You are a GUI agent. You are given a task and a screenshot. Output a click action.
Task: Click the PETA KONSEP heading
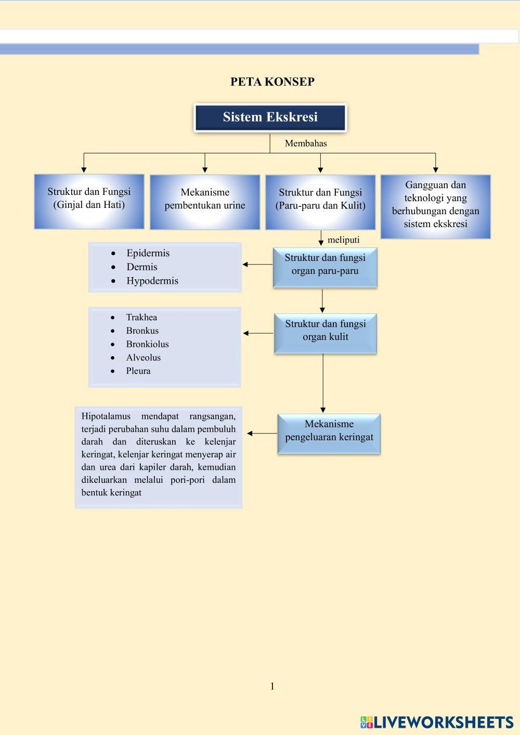272,82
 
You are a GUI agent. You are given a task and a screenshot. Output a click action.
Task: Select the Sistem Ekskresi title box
270,117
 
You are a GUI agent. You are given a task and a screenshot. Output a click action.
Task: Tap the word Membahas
306,143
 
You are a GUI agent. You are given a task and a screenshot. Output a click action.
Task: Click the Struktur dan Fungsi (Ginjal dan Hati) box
89,201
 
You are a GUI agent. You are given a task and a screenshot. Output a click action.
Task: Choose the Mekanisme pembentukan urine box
205,202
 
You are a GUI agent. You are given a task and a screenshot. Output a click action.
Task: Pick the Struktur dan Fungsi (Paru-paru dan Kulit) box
320,202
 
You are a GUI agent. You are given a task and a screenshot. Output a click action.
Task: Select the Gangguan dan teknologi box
435,206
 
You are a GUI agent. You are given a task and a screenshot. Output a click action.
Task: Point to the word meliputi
343,240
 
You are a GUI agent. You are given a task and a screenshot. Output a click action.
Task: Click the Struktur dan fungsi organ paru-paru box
325,267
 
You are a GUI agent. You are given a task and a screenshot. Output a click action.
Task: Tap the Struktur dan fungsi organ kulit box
326,333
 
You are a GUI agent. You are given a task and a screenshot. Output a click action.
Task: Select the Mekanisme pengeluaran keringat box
329,434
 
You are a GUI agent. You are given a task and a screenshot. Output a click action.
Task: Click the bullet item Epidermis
148,253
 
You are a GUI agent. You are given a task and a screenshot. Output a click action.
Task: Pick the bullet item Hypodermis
152,281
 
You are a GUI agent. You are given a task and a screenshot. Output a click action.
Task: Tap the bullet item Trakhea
141,317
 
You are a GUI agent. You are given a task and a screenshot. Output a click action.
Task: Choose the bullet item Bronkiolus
147,344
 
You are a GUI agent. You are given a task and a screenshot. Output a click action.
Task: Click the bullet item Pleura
138,371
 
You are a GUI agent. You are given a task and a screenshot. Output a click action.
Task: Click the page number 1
272,686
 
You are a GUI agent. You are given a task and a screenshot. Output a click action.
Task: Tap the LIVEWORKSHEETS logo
437,722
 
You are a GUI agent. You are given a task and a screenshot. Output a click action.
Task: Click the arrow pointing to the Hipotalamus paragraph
262,433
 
